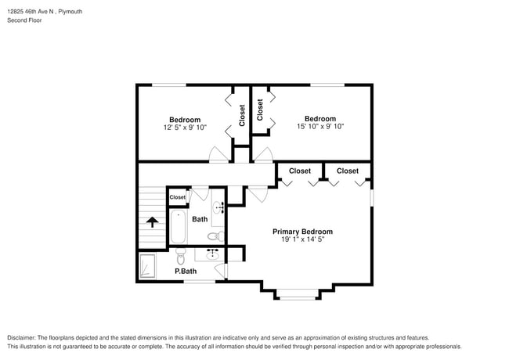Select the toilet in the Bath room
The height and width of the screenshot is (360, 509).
[213, 236]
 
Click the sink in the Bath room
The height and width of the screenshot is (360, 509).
[218, 207]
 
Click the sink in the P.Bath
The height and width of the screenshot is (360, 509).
[212, 254]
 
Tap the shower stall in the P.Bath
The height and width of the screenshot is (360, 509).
[147, 266]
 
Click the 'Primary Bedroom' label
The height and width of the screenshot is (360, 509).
[302, 232]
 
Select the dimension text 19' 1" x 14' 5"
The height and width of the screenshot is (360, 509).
[302, 240]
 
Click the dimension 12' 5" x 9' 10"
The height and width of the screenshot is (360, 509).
[185, 127]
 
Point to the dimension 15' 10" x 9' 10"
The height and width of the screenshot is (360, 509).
[319, 126]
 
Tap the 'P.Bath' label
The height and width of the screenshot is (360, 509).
[186, 272]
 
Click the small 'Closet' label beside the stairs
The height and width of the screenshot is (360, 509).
[178, 197]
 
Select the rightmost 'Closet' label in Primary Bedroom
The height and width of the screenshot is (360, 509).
[348, 171]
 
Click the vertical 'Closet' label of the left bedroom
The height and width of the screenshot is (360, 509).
[242, 115]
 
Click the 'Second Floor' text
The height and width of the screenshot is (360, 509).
[24, 20]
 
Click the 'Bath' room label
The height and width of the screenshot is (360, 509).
[200, 219]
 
